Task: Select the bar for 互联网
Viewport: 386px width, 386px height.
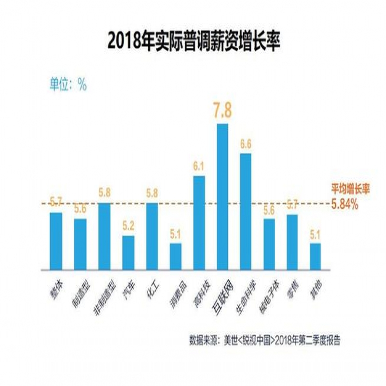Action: pos(222,196)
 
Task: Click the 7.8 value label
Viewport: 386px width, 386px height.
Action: pos(222,110)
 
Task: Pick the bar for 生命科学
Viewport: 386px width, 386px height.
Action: pos(246,211)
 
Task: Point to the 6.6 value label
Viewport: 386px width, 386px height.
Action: pos(246,144)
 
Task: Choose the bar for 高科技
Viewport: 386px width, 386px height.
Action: pos(199,222)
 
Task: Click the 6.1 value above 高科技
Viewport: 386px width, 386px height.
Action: pos(199,167)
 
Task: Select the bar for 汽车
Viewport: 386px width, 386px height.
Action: pos(128,252)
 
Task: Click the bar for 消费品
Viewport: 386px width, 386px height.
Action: pos(175,256)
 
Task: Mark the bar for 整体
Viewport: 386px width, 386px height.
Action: pos(56,240)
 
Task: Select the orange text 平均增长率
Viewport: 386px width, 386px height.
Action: pos(350,190)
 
